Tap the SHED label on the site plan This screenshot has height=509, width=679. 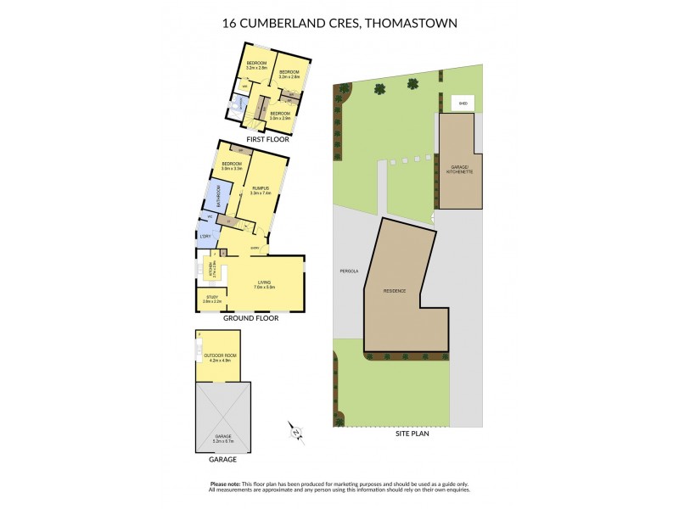click(463, 103)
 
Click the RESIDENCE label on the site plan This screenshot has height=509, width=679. click(395, 291)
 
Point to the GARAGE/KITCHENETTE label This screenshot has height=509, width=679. click(459, 169)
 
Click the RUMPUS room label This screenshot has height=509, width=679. click(261, 190)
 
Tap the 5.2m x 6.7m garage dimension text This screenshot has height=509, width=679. click(223, 440)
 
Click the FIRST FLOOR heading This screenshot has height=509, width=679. click(265, 138)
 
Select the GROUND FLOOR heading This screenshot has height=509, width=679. click(250, 319)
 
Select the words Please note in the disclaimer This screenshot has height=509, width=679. click(224, 484)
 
